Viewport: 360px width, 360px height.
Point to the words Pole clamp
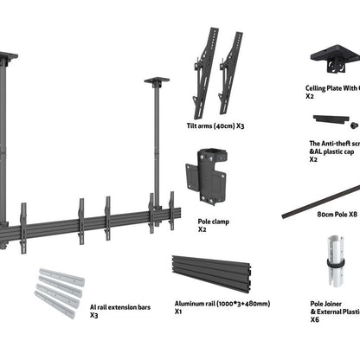click(214, 222)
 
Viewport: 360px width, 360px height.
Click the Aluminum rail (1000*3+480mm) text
click(221, 304)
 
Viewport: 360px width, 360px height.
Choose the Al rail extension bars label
click(120, 306)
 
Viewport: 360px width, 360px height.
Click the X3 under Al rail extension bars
click(93, 316)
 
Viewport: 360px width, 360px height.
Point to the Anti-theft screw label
click(334, 143)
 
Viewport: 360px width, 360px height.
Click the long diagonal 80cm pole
click(320, 202)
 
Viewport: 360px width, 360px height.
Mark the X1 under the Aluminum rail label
click(177, 312)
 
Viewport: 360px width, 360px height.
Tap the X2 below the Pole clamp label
click(202, 230)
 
